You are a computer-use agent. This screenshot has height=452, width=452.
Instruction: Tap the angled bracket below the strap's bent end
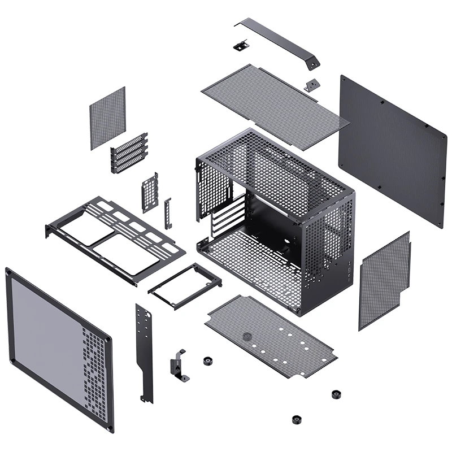point(311,85)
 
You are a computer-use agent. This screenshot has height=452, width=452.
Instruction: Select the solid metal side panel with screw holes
point(392,149)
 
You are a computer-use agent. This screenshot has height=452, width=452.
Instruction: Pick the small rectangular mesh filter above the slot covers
point(107,118)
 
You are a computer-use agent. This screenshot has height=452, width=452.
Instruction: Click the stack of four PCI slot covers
point(129,153)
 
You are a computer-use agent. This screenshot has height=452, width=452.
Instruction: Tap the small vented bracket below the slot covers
point(150,192)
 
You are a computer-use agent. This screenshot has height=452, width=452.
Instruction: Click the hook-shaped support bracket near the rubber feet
point(179,365)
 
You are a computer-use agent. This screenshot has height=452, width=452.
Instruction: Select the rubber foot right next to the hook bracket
point(207,360)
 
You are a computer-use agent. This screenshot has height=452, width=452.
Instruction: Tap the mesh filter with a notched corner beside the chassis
point(384,280)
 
